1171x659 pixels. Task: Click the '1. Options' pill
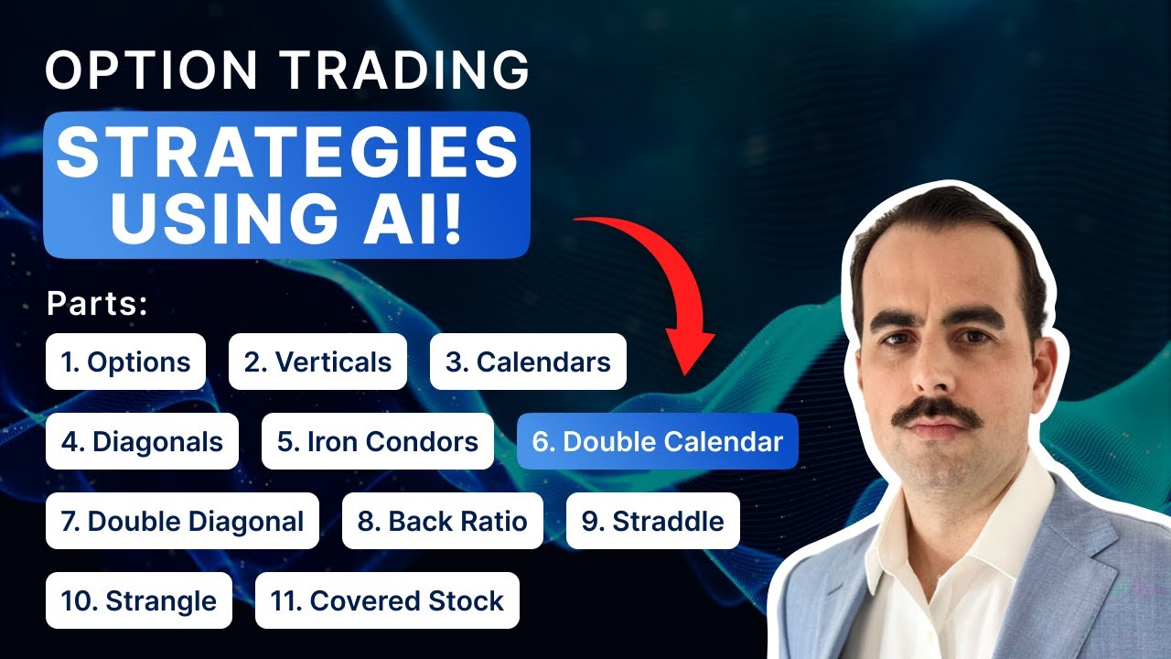125,362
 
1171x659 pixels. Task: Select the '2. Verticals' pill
317,362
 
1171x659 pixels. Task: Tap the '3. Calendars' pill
528,362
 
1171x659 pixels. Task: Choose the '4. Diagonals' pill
142,442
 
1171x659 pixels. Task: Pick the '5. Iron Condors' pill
377,442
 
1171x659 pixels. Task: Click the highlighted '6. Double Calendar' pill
657,442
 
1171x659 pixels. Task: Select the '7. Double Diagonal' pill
182,521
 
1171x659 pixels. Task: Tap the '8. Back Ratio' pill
442,521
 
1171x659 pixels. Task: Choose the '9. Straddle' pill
652,521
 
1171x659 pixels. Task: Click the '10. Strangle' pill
138,600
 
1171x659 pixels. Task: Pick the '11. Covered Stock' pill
387,600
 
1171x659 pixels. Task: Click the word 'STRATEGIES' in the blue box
286,155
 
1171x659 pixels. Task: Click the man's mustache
939,413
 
